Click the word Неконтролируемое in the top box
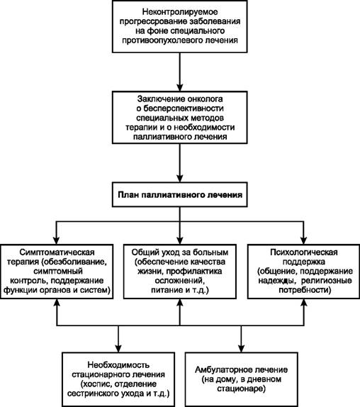(x=180, y=12)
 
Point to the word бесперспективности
(x=184, y=108)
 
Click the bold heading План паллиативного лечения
(x=180, y=195)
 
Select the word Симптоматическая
(x=57, y=252)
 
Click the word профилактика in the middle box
(x=194, y=272)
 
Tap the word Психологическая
(x=304, y=252)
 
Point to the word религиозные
(x=327, y=281)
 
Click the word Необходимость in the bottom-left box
(x=118, y=364)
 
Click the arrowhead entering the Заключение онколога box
(x=180, y=87)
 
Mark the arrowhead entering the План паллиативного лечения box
(x=180, y=178)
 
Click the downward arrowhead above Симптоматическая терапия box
(x=57, y=240)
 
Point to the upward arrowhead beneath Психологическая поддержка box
(x=304, y=303)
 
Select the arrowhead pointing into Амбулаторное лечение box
(x=242, y=348)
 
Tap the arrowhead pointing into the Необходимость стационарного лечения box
(x=118, y=348)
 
